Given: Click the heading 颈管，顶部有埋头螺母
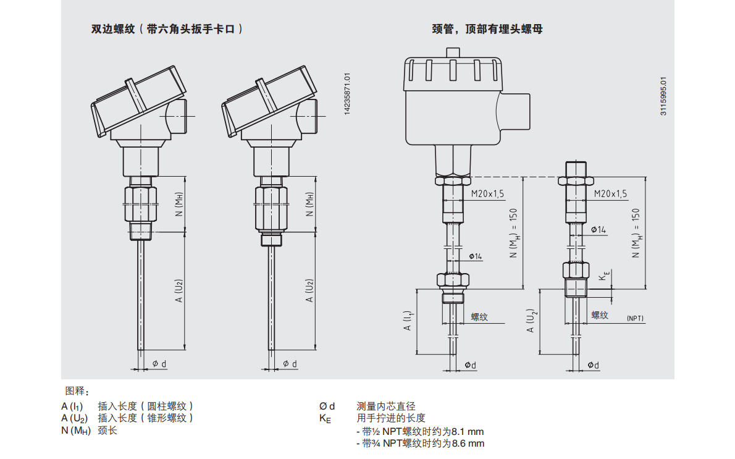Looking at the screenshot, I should (487, 29).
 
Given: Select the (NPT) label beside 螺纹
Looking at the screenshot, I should (635, 318).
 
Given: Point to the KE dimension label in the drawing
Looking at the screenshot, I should (606, 276).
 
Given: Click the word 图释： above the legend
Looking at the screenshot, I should (78, 391).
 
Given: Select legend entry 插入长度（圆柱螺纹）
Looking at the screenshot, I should (146, 406).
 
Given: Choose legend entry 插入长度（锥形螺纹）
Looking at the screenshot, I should (146, 418).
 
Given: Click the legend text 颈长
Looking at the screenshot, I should (107, 430).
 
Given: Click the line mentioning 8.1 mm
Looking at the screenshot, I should (420, 431).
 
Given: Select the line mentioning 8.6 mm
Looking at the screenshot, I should (420, 444).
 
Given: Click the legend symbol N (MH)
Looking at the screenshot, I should (76, 431).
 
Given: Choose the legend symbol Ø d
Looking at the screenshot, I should (327, 406).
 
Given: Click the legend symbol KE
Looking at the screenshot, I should (325, 419).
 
